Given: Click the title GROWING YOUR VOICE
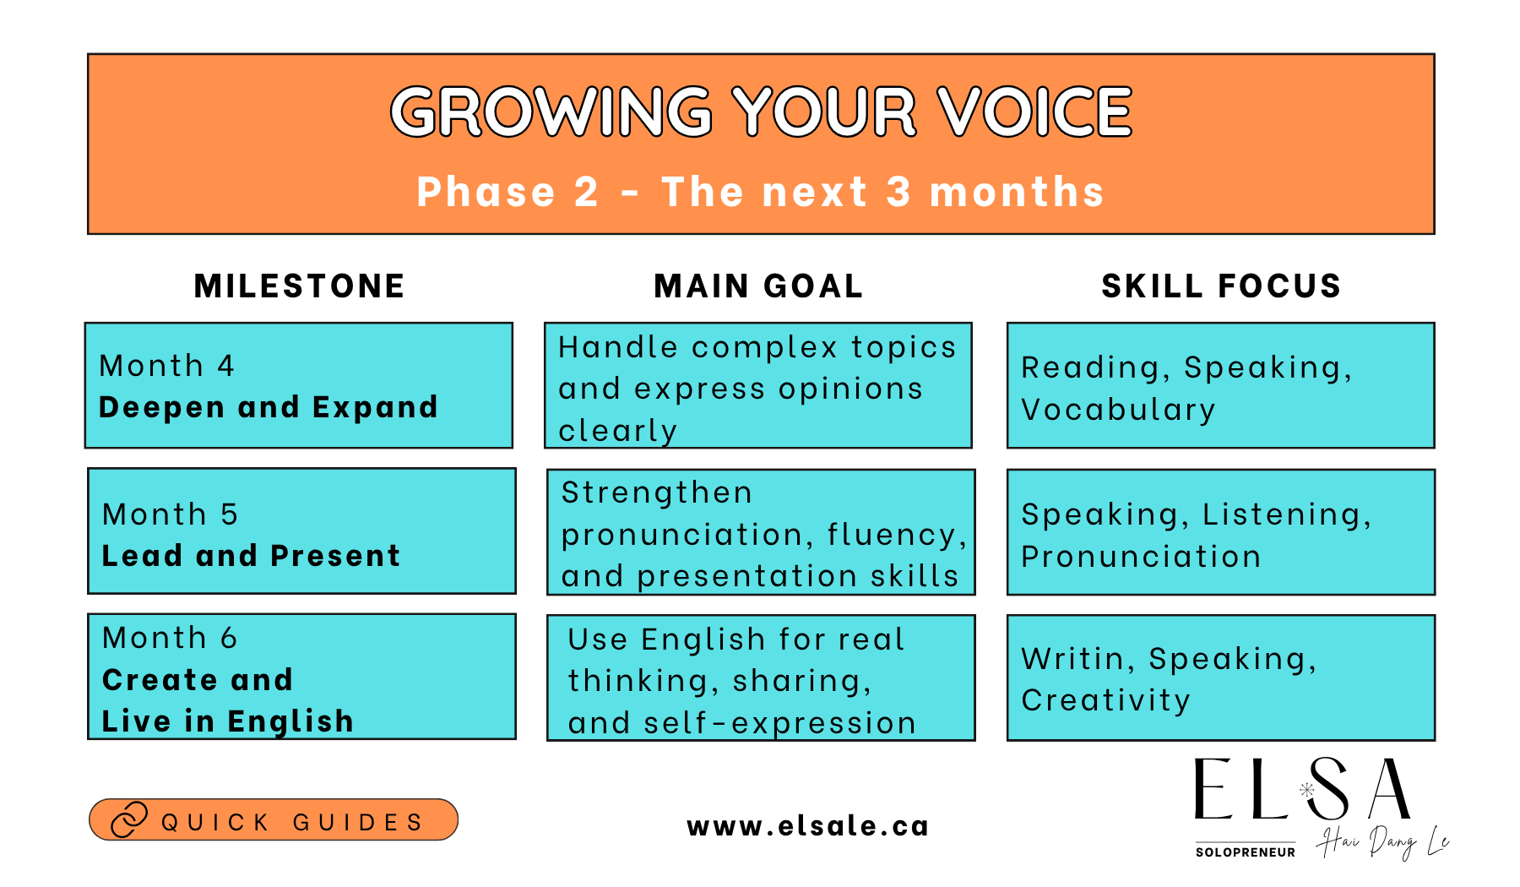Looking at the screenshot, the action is click(761, 112).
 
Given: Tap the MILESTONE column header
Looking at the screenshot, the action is click(300, 286).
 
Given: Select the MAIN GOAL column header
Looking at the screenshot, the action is click(759, 286).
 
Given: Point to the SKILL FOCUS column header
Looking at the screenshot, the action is click(1221, 286).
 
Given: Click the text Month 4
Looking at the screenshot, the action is click(166, 366).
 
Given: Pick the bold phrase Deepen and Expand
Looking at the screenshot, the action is click(269, 407).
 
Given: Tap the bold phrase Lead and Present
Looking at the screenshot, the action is click(251, 556).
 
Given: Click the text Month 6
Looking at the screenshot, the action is click(170, 638).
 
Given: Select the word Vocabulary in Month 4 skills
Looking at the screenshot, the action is click(1118, 410).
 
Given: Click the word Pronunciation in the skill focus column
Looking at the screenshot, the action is click(1141, 557).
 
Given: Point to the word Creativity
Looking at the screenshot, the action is click(1106, 700).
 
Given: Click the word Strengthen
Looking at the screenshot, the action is click(657, 492).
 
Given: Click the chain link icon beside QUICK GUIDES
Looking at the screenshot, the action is click(129, 819).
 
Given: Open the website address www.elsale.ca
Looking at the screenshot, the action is click(808, 826).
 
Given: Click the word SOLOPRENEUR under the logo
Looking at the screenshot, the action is click(1246, 852).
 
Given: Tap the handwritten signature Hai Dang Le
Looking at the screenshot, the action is click(1382, 841).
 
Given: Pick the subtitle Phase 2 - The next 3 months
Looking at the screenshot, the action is click(760, 192).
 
